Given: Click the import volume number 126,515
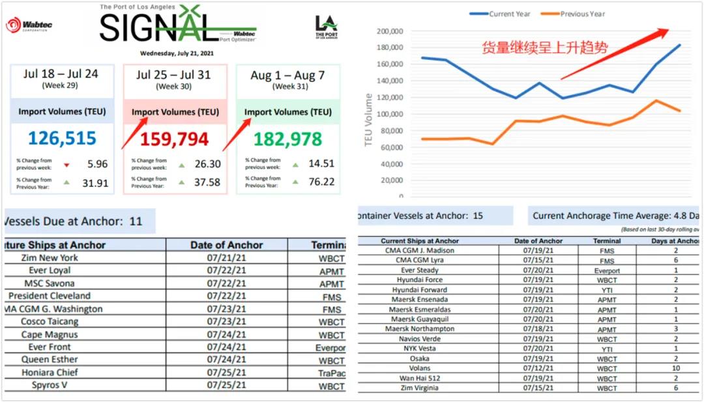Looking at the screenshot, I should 63,139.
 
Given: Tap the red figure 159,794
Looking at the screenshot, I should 174,139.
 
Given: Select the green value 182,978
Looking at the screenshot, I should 287,139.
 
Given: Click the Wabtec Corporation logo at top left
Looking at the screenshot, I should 30,26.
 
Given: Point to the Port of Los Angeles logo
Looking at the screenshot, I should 326,27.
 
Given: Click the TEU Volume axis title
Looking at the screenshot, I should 370,120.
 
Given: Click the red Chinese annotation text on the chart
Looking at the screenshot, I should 544,48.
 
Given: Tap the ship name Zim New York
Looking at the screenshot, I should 50,257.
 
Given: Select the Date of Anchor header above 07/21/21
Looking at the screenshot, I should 226,245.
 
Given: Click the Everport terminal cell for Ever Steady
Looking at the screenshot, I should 606,270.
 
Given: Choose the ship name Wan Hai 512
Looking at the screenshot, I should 420,378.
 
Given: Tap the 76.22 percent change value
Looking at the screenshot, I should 321,182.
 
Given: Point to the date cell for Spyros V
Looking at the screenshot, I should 226,385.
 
